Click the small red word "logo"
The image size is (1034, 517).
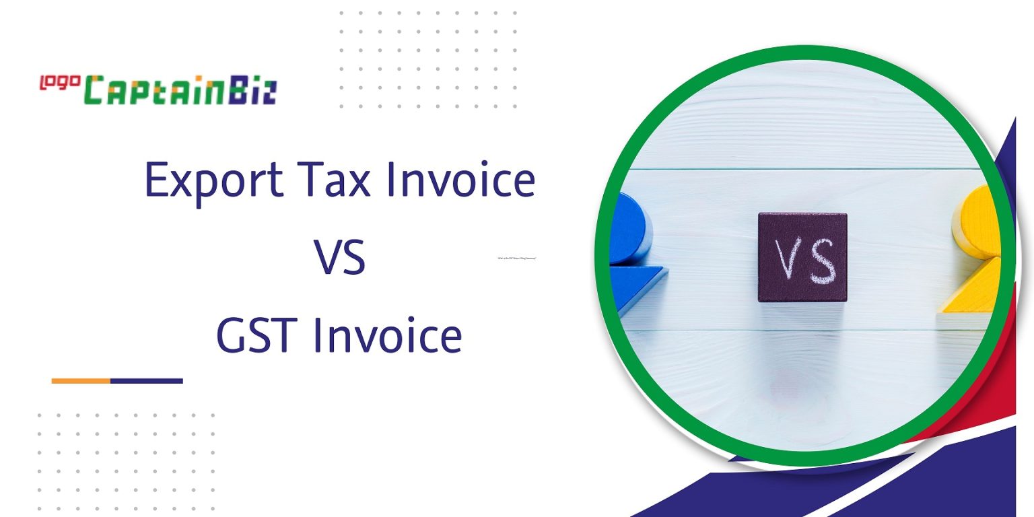click(x=60, y=82)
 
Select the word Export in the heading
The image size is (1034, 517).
click(x=213, y=180)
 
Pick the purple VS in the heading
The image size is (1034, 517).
click(x=340, y=258)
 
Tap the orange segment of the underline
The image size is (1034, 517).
click(x=81, y=381)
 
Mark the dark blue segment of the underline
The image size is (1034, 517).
click(x=146, y=381)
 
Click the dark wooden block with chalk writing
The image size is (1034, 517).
click(x=802, y=257)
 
